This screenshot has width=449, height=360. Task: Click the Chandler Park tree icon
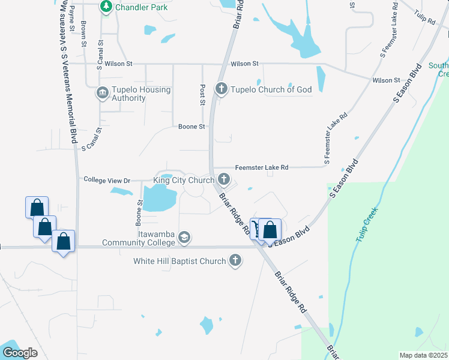point(106,7)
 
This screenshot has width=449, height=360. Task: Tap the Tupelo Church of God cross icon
point(221,89)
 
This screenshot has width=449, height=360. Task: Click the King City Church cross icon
point(224,179)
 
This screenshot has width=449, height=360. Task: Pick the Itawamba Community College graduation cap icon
point(184,238)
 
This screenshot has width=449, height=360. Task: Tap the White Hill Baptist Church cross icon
point(235,260)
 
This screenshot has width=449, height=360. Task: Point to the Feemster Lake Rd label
point(262,167)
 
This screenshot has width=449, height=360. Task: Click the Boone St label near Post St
point(192,127)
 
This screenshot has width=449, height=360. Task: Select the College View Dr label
point(107,179)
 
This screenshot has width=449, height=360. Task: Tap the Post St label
point(203,94)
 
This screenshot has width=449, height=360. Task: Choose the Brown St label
point(83,30)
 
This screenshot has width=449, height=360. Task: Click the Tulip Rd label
point(424,16)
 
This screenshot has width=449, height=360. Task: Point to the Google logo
point(20,353)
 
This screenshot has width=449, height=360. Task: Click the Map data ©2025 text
point(423,355)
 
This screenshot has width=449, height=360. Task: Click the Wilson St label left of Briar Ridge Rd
point(118,63)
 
